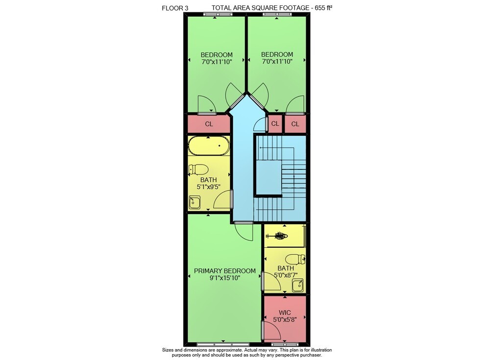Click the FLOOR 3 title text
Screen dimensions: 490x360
point(175,8)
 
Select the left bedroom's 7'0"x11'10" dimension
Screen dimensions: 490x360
point(217,62)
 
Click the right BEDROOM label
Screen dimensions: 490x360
point(277,54)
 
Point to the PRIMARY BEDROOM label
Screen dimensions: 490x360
point(225,271)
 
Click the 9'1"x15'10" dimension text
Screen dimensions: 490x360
point(225,278)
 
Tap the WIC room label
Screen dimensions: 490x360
point(285,312)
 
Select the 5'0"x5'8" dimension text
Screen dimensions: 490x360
point(285,319)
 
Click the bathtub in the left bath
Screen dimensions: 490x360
point(209,145)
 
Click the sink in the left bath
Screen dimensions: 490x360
point(195,202)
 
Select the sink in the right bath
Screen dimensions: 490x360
point(298,286)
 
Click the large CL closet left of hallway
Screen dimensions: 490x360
point(209,124)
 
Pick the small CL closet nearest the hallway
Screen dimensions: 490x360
point(275,124)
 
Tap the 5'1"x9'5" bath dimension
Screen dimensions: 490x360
point(208,187)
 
